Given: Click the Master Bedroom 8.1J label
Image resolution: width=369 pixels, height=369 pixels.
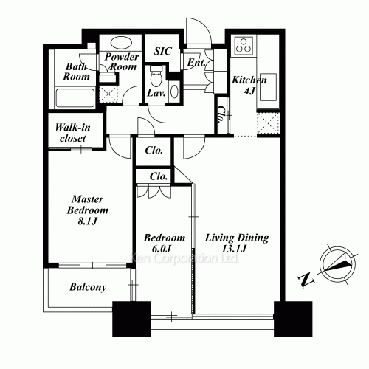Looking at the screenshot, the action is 88,210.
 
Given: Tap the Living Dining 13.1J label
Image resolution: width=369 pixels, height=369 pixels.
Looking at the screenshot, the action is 237,243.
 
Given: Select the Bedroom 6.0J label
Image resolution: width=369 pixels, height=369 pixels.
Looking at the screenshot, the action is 165,243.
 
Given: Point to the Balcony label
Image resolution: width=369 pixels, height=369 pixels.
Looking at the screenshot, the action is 88,287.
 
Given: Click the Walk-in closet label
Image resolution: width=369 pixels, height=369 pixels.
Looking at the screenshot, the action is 73,133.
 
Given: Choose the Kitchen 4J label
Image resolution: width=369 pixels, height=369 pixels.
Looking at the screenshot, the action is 249,85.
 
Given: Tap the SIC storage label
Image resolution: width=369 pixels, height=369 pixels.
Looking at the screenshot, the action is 162,51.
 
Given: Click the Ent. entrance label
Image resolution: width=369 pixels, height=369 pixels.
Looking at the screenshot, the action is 196,63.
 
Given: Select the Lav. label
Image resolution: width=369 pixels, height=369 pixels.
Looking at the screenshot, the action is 156,93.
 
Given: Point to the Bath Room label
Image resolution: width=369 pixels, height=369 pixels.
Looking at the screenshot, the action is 77,72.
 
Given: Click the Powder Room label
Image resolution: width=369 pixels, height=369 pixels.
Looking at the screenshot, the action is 122,62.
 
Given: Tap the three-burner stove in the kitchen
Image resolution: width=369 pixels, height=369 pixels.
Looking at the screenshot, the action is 244,46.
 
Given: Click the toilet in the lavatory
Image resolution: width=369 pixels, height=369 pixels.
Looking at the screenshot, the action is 156,76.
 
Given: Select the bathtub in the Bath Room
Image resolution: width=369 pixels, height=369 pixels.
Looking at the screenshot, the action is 75,98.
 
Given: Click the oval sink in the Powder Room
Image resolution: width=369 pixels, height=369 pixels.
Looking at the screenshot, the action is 121,43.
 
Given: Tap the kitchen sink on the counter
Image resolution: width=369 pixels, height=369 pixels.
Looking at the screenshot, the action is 268,87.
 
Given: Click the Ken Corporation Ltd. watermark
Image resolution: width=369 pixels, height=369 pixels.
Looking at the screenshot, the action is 184,258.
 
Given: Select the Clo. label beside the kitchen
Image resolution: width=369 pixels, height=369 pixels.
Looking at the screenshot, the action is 223,114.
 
